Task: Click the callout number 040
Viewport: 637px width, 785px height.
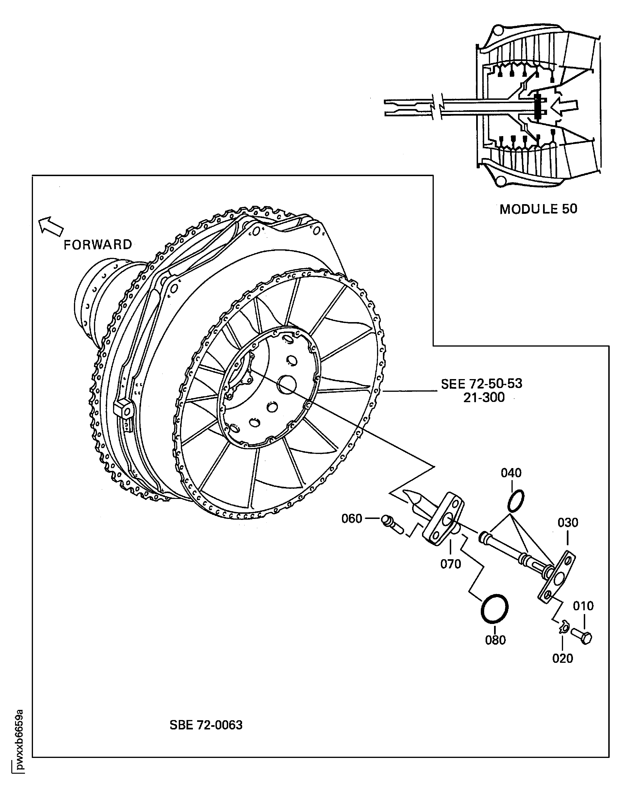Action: click(x=511, y=473)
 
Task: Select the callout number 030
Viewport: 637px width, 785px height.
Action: click(x=568, y=522)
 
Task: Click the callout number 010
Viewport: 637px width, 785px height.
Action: click(x=583, y=606)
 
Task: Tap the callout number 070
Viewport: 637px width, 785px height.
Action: click(x=450, y=564)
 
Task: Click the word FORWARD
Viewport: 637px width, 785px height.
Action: click(x=97, y=245)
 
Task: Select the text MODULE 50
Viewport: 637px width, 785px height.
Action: click(x=538, y=209)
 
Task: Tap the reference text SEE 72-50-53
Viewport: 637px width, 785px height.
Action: click(x=481, y=384)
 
